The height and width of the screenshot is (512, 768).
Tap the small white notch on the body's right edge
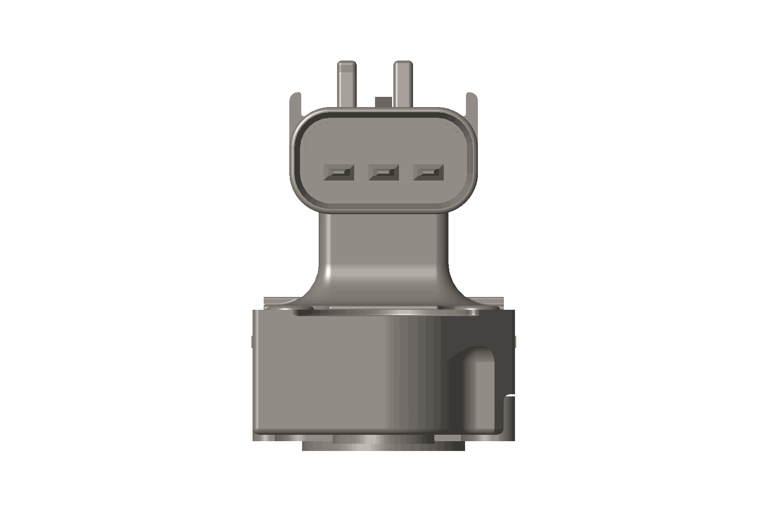click(510, 399)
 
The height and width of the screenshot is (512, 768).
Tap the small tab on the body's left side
click(251, 341)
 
